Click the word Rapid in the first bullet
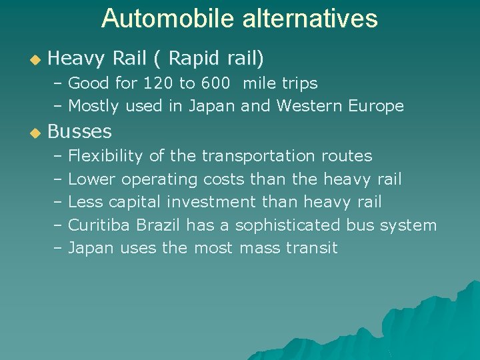[193, 59]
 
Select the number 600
[214, 83]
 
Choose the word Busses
[79, 131]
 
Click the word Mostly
[93, 106]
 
